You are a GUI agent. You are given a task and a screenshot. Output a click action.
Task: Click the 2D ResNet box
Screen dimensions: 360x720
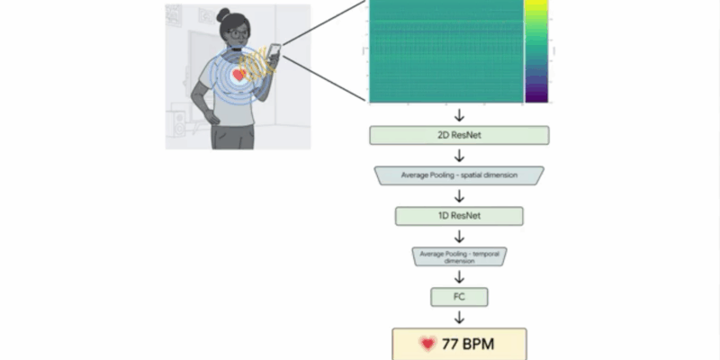pos(459,136)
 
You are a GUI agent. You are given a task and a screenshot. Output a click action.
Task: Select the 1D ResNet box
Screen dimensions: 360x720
pos(459,216)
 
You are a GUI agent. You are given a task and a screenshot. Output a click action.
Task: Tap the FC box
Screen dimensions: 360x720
pos(459,295)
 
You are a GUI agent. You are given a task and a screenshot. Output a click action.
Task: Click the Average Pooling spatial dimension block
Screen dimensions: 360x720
pos(459,175)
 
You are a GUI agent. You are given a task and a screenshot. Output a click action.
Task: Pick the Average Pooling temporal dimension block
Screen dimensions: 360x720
pos(459,256)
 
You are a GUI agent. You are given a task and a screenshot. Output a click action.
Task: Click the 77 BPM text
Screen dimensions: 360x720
pos(468,343)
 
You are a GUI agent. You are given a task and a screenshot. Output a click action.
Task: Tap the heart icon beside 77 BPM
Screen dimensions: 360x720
pos(427,343)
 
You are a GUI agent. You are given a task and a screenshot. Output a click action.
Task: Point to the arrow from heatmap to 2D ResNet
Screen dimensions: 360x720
pos(459,114)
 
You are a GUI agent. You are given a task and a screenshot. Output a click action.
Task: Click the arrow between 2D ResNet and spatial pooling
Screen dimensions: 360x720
pos(459,156)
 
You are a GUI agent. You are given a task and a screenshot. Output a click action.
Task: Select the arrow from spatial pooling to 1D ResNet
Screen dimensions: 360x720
pos(459,195)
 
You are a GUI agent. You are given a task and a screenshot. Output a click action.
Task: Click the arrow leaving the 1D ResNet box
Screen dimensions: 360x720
pos(459,236)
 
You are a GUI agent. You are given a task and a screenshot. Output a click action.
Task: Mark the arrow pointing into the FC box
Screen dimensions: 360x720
pos(459,276)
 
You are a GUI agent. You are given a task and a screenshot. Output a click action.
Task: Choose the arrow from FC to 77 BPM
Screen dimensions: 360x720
pos(459,316)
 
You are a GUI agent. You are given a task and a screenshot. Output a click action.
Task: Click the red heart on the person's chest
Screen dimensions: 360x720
pos(238,76)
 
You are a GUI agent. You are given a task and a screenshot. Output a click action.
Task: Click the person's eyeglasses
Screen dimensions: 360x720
pos(236,34)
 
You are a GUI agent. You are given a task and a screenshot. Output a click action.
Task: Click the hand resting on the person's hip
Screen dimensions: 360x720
pos(209,116)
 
